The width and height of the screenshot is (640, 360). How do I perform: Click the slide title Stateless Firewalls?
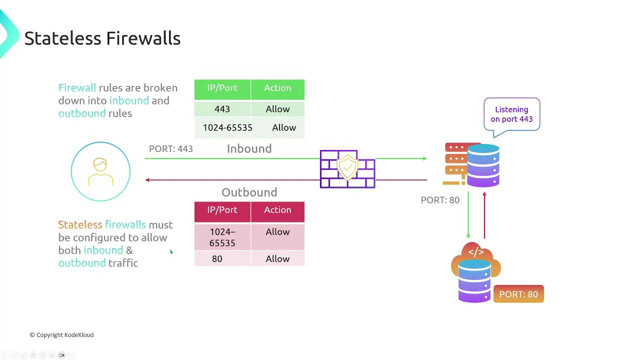click(x=102, y=38)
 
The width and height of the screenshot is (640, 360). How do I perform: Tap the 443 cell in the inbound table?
click(x=222, y=109)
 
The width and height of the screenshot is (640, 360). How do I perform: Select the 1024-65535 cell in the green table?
click(x=227, y=127)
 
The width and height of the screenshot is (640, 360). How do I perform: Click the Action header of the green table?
click(x=277, y=88)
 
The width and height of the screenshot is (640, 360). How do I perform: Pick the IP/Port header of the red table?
click(x=222, y=210)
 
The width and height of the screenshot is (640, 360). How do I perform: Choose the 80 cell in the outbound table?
click(x=217, y=258)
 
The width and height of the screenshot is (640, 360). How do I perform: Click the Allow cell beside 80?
click(x=277, y=258)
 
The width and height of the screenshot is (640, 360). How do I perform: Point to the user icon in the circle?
click(x=100, y=171)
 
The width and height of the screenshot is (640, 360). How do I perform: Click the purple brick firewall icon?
click(x=347, y=169)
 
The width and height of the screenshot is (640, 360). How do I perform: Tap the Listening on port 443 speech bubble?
click(x=511, y=114)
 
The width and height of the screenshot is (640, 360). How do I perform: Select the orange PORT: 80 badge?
click(x=518, y=294)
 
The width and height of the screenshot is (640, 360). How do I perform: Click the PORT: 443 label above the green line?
click(x=171, y=149)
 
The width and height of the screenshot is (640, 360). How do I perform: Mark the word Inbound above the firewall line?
click(x=249, y=148)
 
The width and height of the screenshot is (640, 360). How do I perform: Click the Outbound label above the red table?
click(x=249, y=192)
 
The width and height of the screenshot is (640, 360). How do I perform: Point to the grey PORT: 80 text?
click(x=440, y=200)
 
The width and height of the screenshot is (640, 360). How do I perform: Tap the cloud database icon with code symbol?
click(x=475, y=272)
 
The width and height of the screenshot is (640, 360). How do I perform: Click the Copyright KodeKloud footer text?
click(x=61, y=335)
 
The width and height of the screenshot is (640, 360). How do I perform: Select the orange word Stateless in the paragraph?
click(x=80, y=225)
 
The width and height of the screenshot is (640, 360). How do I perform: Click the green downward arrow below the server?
click(x=468, y=215)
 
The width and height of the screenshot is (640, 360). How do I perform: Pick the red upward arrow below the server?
click(x=484, y=215)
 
